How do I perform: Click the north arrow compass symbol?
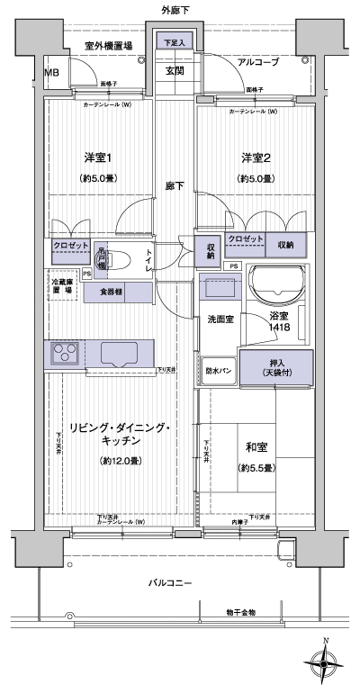pyautogui.click(x=326, y=662)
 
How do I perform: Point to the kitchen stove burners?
pyautogui.click(x=66, y=353)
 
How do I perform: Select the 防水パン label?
pyautogui.click(x=219, y=370)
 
